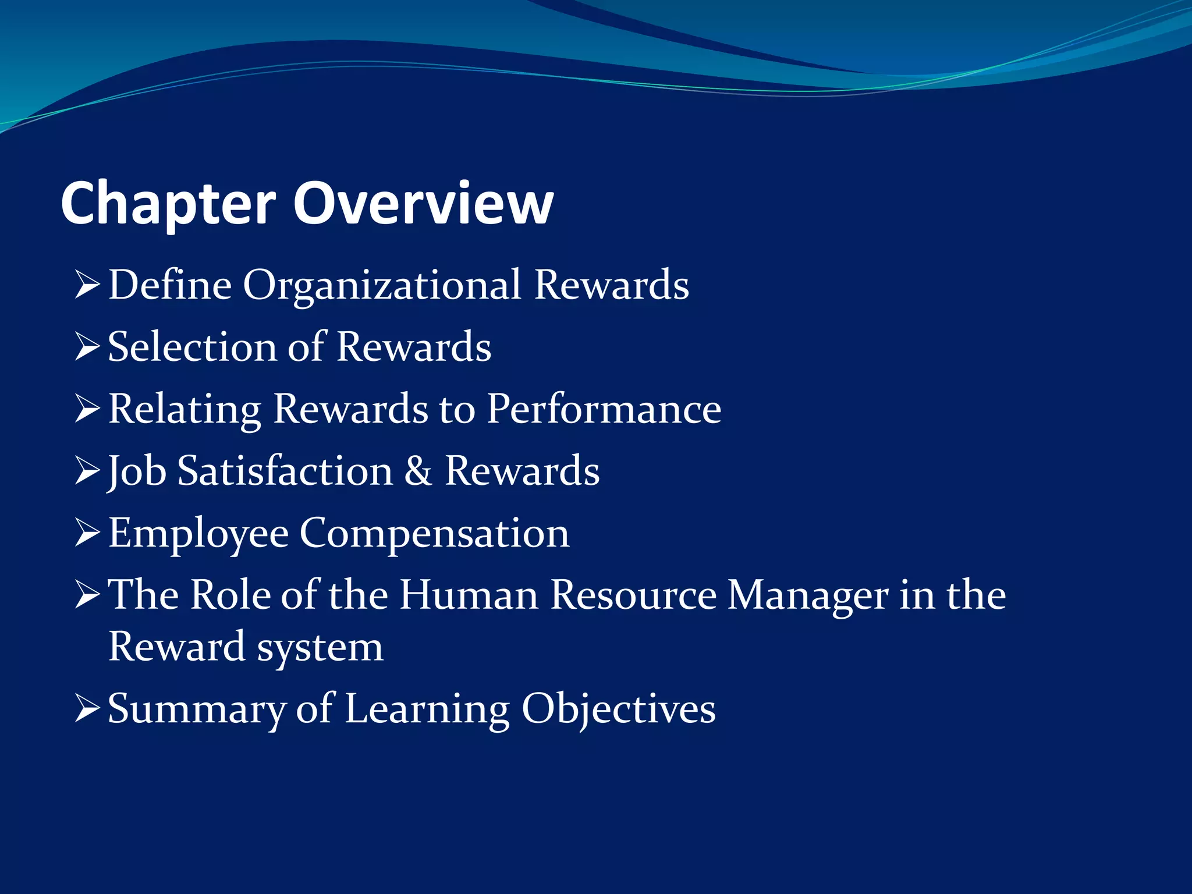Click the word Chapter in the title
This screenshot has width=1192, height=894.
pos(168,204)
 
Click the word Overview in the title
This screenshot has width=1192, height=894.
pos(423,204)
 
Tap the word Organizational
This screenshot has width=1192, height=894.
pos(382,285)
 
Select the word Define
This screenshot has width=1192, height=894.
pos(170,285)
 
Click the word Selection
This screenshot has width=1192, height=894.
pos(193,347)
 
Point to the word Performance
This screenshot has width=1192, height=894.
pos(604,409)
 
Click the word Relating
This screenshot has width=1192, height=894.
pos(185,409)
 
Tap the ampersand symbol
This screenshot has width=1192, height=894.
pos(418,471)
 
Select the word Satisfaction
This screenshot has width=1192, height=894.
pos(285,471)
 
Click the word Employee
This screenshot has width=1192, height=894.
pos(198,533)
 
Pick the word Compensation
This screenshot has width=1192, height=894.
pos(434,533)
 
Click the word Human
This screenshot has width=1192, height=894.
pos(469,595)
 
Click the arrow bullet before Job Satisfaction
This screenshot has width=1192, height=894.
pos(88,471)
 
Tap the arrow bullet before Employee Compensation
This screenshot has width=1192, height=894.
pos(88,534)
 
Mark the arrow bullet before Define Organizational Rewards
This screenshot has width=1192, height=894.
pos(88,285)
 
